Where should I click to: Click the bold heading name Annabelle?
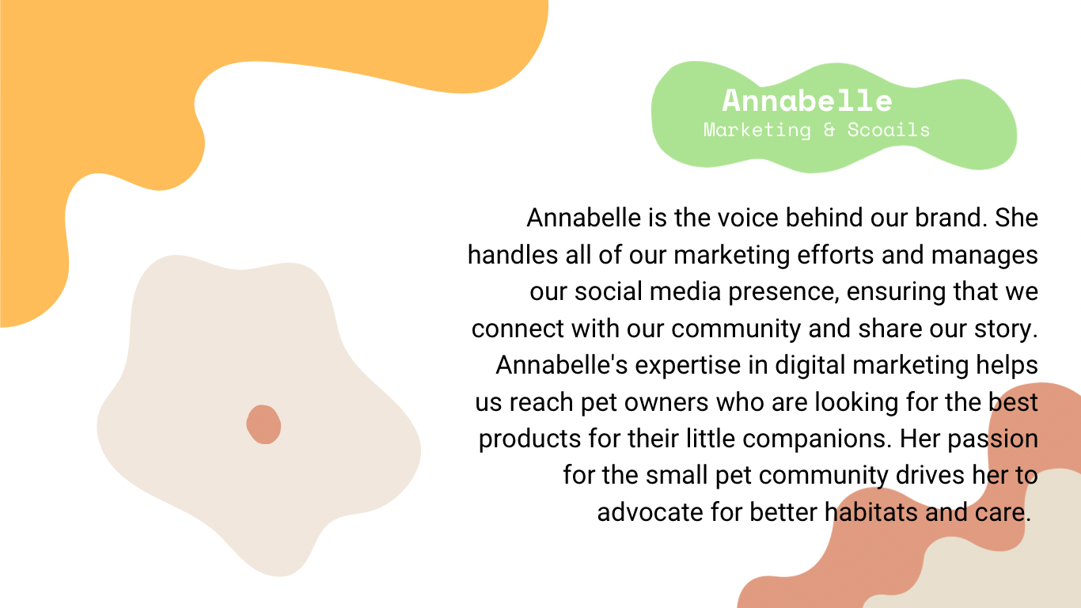point(807,101)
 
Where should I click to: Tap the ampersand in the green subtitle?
point(829,129)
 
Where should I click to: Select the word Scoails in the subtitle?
point(889,129)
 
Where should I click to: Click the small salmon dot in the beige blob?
point(264,424)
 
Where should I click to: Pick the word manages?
point(984,256)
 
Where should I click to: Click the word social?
point(608,291)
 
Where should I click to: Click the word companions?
point(817,439)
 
